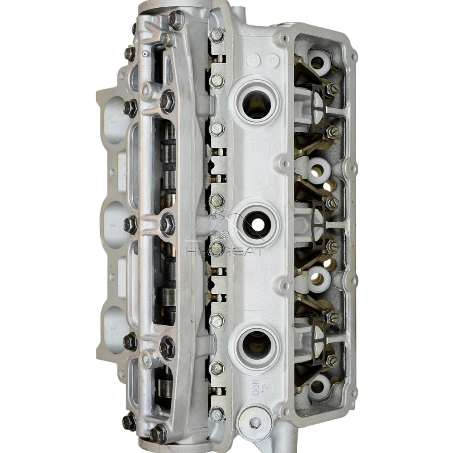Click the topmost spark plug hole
pyautogui.click(x=256, y=104)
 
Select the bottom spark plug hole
pyautogui.click(x=256, y=345)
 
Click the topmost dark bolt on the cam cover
pyautogui.click(x=176, y=19)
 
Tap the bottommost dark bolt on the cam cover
pyautogui.click(x=159, y=434)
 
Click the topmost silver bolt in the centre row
pyautogui.click(x=217, y=35)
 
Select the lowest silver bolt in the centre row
pyautogui.click(x=217, y=414)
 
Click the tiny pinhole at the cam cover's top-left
pyautogui.click(x=144, y=53)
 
